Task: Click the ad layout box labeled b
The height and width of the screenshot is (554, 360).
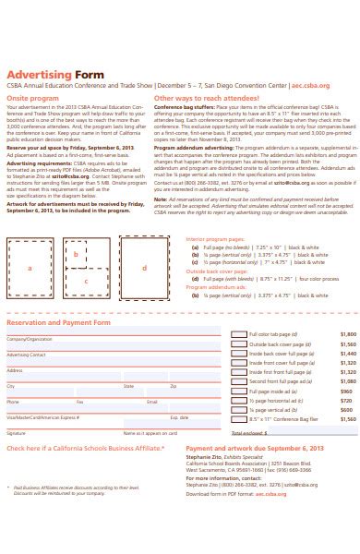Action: [x=76, y=251]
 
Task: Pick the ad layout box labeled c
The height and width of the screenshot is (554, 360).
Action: [x=86, y=280]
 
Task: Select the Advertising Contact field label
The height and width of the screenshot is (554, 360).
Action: [x=26, y=355]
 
